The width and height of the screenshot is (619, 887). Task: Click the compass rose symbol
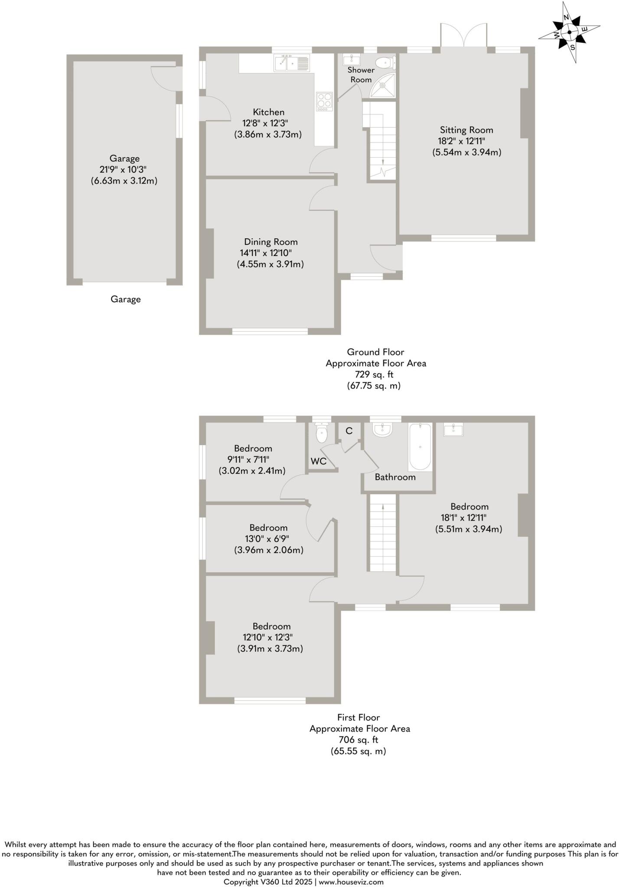pyautogui.click(x=569, y=32)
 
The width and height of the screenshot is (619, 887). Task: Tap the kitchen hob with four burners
pyautogui.click(x=325, y=102)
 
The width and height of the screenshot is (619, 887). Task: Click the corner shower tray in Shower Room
pyautogui.click(x=384, y=85)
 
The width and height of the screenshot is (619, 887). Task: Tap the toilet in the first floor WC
pyautogui.click(x=321, y=434)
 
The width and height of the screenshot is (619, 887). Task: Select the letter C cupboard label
pyautogui.click(x=349, y=431)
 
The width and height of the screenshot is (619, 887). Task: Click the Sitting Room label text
pyautogui.click(x=466, y=130)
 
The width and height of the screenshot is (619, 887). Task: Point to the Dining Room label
pyautogui.click(x=271, y=242)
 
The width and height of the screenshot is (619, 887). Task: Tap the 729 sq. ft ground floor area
pyautogui.click(x=375, y=374)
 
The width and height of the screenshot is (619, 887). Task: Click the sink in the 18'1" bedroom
pyautogui.click(x=453, y=430)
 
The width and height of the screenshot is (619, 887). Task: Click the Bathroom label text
pyautogui.click(x=395, y=477)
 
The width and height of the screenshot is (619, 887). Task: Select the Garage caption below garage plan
pyautogui.click(x=126, y=299)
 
